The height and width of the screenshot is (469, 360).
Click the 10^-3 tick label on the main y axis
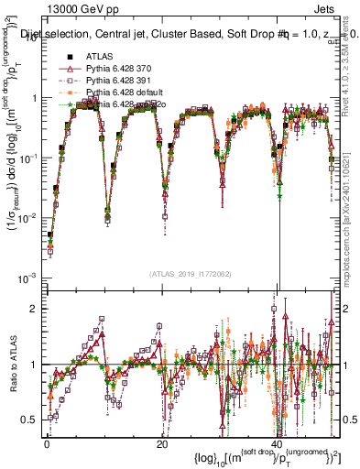tap(27, 278)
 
